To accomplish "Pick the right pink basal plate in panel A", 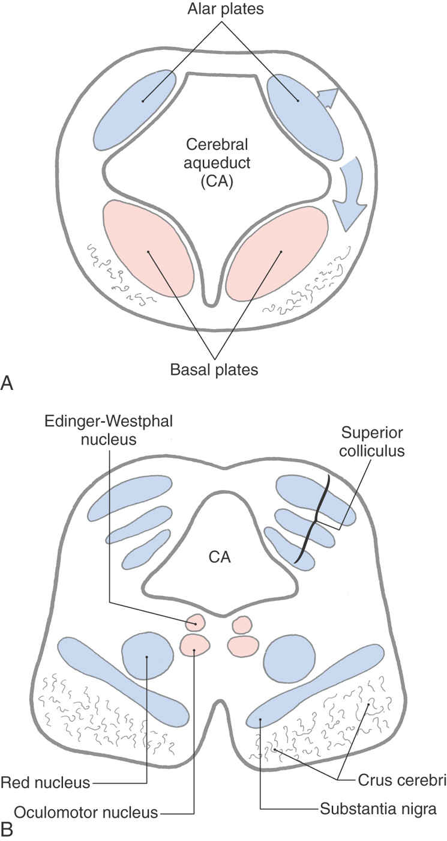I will (277, 252).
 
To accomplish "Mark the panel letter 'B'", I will (7, 832).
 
